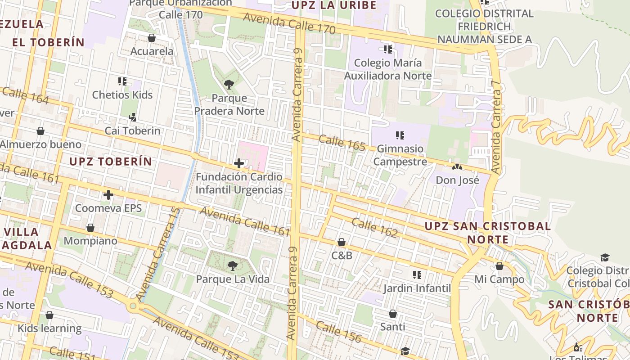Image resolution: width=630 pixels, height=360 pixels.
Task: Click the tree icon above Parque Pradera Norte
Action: (229, 84)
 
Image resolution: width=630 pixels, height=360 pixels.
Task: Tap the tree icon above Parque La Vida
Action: (233, 266)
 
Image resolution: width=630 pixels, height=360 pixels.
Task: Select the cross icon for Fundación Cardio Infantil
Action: (239, 163)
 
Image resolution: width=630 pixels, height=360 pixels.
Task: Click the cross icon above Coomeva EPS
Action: (108, 195)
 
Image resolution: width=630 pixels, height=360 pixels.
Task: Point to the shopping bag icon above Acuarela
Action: (152, 38)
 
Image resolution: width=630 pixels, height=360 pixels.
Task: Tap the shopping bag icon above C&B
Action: (342, 243)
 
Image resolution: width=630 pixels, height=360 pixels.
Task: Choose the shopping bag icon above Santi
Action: (393, 314)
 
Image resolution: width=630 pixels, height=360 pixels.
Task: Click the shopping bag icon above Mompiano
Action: (90, 228)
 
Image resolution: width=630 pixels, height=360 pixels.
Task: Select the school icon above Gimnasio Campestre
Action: (400, 135)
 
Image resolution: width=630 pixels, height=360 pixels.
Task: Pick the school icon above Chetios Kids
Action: (122, 81)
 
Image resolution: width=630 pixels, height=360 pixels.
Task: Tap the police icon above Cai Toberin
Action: (132, 117)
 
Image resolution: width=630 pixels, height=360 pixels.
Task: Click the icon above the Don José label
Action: (457, 167)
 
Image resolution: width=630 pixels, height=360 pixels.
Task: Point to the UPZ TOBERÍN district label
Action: (111, 162)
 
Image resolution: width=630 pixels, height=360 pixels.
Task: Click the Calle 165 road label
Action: (342, 143)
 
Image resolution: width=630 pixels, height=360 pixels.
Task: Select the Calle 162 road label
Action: (374, 228)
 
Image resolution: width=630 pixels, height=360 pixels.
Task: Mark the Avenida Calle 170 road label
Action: (289, 23)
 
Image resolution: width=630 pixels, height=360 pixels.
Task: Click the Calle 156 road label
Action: (338, 332)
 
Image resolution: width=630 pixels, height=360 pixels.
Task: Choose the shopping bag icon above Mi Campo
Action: (499, 266)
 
